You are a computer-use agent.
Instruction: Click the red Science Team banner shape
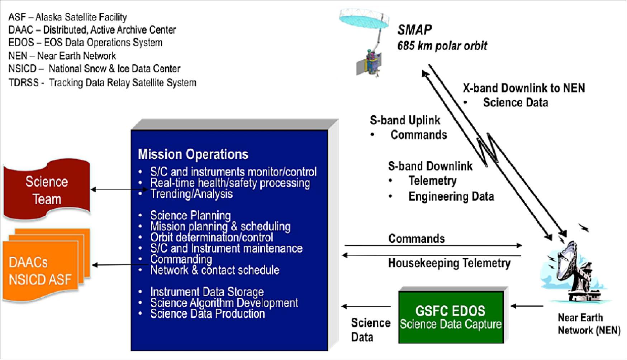(x=47, y=190)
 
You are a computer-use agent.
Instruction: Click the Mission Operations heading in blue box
(x=193, y=154)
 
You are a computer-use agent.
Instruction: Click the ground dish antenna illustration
(x=574, y=272)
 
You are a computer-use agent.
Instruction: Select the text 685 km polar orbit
(x=442, y=46)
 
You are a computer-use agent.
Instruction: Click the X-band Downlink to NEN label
(x=523, y=88)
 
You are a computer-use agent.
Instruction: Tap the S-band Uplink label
(x=405, y=120)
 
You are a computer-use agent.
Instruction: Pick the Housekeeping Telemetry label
(x=449, y=263)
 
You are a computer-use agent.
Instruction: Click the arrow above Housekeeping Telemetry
(x=432, y=255)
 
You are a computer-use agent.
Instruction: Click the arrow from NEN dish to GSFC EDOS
(x=527, y=306)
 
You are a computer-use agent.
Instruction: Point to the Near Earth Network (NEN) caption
(x=589, y=324)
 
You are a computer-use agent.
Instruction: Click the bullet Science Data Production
(x=207, y=314)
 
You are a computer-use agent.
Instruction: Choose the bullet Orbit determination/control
(x=212, y=237)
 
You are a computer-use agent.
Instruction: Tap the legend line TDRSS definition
(x=102, y=83)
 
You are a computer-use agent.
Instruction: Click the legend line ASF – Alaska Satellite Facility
(x=67, y=17)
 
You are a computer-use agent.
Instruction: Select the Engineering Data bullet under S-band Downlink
(x=451, y=196)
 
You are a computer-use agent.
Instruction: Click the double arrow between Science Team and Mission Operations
(x=118, y=189)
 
